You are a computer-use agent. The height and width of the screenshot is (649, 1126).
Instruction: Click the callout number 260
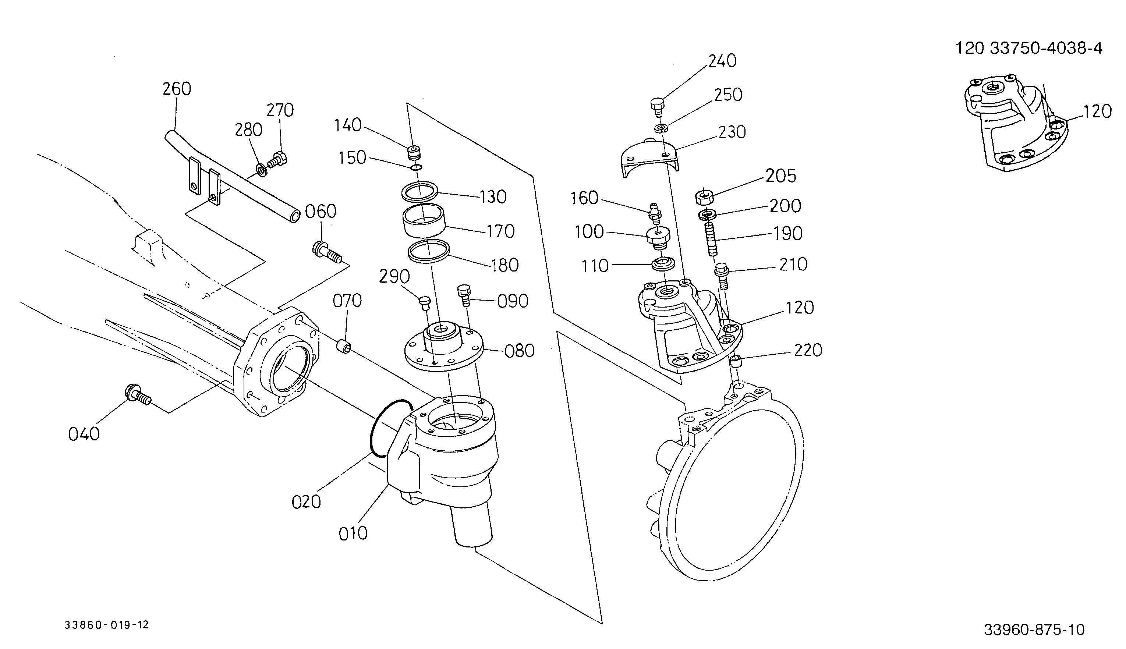[177, 89]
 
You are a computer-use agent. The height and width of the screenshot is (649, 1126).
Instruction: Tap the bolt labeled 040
[138, 394]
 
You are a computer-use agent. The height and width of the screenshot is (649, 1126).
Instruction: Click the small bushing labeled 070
[343, 346]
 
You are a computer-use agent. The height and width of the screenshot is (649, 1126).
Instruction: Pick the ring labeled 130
[419, 191]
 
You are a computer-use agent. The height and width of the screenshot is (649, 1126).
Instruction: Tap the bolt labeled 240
[658, 107]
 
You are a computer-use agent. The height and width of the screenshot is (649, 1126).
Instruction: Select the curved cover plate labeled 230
[650, 158]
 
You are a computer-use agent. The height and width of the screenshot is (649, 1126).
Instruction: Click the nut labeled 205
[704, 196]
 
